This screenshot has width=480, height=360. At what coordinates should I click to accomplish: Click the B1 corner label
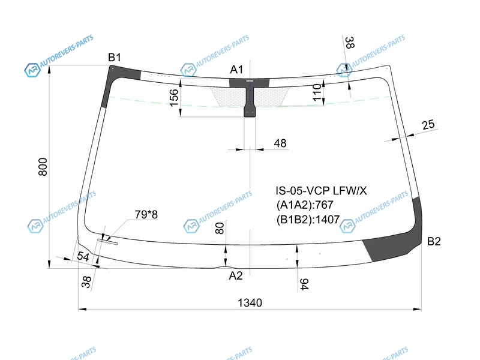[x=115, y=57]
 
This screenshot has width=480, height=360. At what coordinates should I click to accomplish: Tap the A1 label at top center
[x=236, y=70]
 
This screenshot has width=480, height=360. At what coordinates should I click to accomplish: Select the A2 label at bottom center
[x=236, y=276]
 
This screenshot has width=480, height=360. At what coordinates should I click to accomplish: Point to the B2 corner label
[x=434, y=241]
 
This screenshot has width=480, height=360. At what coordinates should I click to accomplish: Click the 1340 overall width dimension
[x=250, y=303]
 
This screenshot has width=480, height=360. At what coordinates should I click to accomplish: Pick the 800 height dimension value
[x=43, y=167]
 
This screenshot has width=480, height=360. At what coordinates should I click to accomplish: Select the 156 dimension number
[x=173, y=97]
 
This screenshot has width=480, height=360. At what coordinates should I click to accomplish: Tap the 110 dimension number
[x=317, y=92]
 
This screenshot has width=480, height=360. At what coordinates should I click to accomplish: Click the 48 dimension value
[x=280, y=143]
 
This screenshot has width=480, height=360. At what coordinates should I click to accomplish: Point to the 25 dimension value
[x=428, y=125]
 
